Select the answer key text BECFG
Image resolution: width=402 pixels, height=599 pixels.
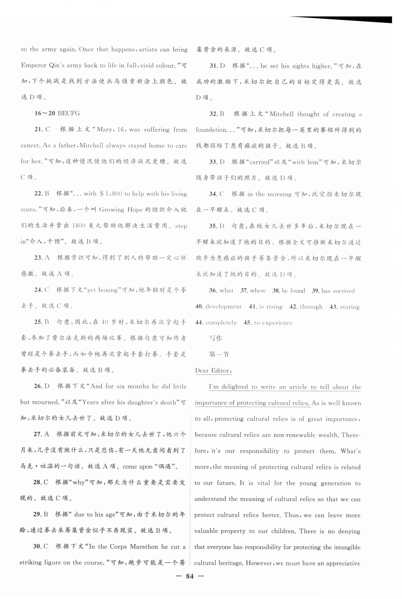69,113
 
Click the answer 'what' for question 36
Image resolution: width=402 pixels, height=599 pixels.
226,291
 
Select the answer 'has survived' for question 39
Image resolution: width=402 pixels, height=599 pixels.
338,291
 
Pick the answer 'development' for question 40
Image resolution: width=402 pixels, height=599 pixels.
223,307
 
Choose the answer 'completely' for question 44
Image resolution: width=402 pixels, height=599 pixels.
221,323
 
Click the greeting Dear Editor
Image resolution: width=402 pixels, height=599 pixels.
213,370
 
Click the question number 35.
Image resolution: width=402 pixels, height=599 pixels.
213,226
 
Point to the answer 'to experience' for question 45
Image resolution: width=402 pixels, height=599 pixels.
273,323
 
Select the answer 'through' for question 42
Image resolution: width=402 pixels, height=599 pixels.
311,307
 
